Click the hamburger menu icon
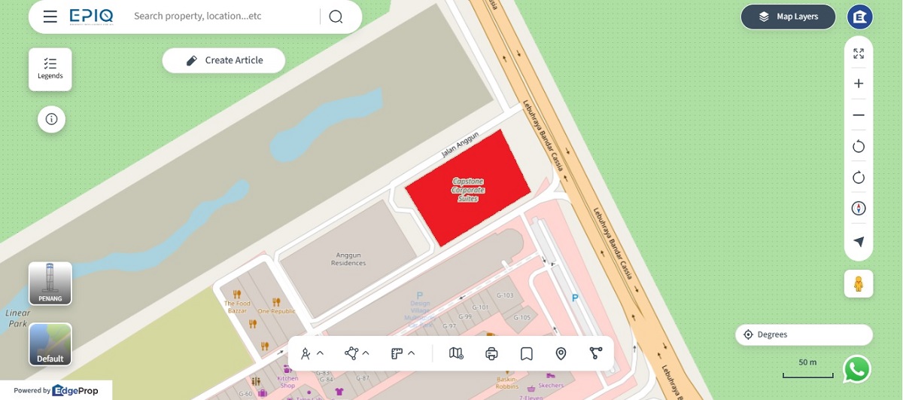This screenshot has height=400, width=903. coord(50,17)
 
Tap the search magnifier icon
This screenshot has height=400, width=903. coord(336,17)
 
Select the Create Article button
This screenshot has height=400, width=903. coord(223,60)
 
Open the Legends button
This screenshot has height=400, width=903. coord(50,69)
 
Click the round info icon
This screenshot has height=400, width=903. coord(51,119)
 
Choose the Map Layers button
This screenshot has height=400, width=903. coord(788,17)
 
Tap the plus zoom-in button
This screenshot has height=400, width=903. coord(859,84)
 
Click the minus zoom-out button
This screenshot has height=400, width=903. coord(859,115)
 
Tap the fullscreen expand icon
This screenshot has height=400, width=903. coord(859,53)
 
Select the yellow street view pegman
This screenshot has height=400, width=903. coord(859,284)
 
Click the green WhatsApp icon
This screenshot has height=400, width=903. coord(857,369)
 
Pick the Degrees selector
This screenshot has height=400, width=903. coord(804,334)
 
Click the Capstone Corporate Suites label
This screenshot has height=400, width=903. coord(467,190)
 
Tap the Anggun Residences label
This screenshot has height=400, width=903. coord(348,258)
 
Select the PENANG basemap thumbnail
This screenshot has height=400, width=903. coord(50,283)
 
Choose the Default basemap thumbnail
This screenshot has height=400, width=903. coord(50,344)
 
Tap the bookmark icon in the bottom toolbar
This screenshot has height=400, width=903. coord(527,353)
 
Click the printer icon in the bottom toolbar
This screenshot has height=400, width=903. coord(492,353)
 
